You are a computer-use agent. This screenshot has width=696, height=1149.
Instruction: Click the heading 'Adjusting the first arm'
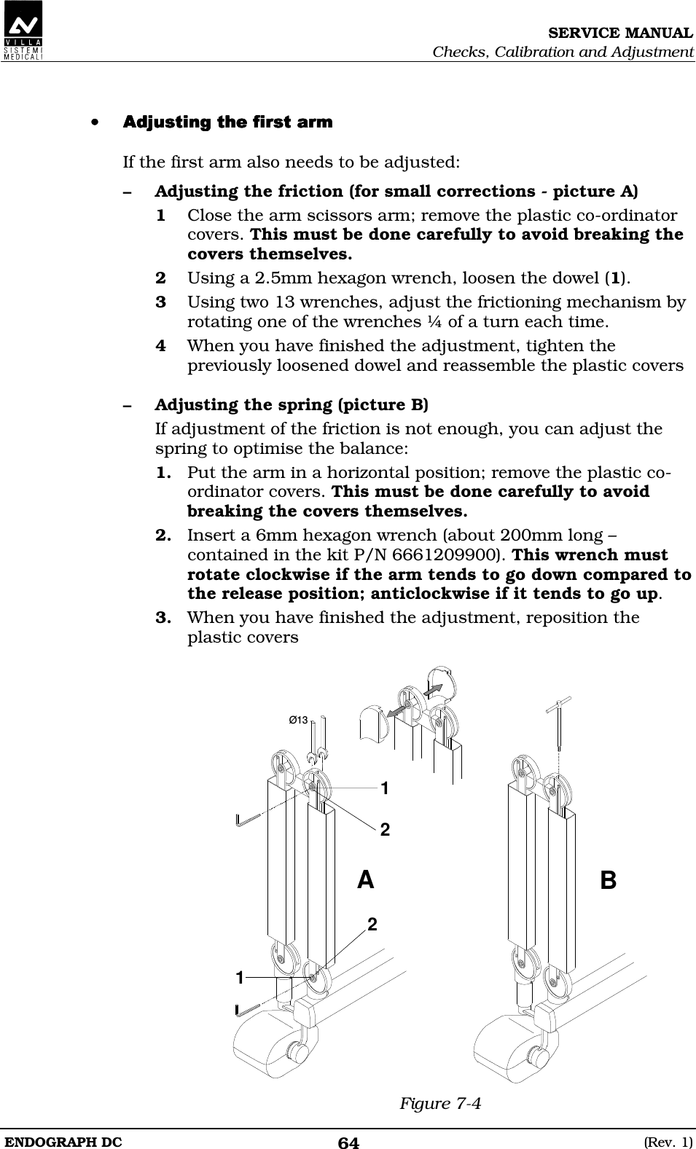227,122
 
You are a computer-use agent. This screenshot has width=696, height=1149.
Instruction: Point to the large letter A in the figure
366,880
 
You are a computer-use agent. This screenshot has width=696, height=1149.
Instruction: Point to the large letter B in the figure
608,880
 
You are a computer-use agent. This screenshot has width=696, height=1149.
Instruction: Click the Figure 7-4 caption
440,1103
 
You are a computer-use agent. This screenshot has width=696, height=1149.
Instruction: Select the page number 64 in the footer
348,1142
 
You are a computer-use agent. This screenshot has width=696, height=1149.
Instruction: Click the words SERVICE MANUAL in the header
620,34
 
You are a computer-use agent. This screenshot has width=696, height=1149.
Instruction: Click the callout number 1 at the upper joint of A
385,788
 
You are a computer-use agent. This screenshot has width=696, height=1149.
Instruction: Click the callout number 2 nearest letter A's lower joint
372,924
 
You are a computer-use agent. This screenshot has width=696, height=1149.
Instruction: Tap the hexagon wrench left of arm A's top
252,819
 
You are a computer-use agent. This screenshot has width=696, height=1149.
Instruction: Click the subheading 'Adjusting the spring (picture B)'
292,404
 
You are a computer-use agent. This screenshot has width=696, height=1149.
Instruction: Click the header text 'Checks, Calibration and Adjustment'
563,52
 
